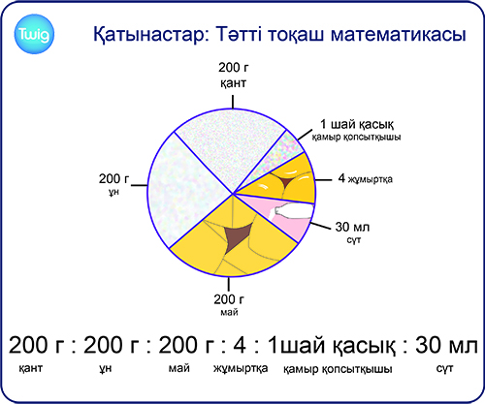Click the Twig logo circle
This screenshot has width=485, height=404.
tap(34, 34)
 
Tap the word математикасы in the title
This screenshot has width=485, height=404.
tap(398, 34)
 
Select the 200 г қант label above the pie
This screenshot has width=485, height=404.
tap(234, 75)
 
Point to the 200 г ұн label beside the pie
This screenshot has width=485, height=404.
tap(113, 184)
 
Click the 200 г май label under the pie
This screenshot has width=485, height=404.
tap(229, 304)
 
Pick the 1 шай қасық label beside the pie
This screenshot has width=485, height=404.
tap(356, 130)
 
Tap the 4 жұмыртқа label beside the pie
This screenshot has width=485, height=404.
tap(366, 178)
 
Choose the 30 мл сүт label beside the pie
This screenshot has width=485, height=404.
tap(352, 233)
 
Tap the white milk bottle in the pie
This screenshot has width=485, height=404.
tap(294, 211)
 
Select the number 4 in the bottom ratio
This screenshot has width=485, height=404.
tap(240, 345)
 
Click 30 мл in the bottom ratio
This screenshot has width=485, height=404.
tap(446, 345)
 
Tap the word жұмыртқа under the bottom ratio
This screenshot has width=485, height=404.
tap(241, 368)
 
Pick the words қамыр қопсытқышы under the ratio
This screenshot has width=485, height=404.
tap(338, 369)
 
